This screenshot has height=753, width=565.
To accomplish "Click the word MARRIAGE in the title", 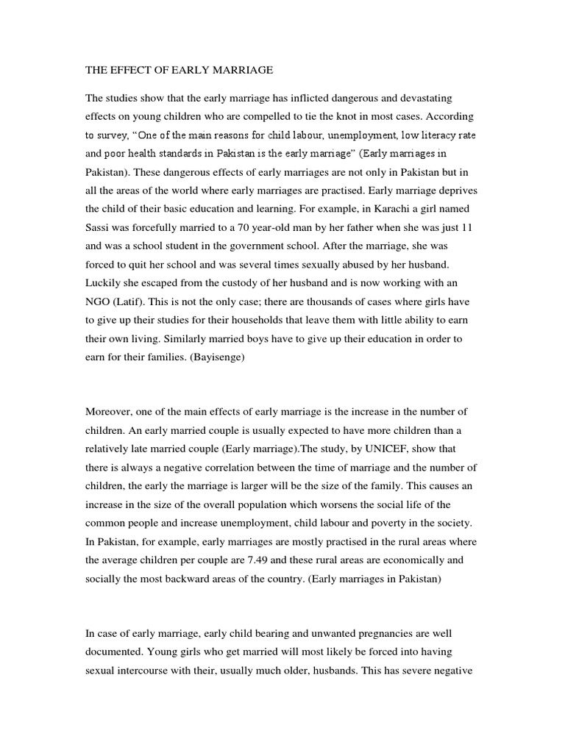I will (241, 70).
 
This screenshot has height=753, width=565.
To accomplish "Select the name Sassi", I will (100, 227).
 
